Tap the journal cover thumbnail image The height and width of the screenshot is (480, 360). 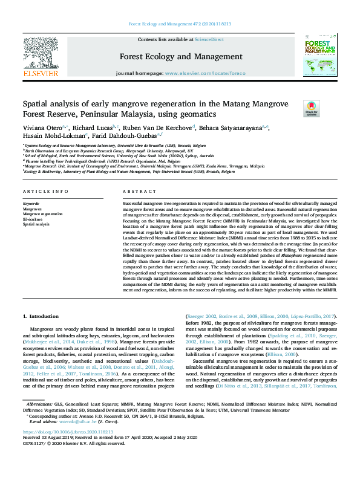pos(320,56)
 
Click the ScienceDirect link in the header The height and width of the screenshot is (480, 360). pos(209,39)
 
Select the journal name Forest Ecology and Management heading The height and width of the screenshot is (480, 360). pos(180,57)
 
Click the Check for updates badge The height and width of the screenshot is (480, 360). pos(311,108)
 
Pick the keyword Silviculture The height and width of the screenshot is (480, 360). pos(33,219)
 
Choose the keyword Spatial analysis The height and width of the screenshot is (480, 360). pos(36,224)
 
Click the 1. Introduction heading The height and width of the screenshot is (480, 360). pos(41,317)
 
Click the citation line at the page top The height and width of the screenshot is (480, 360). pos(180,24)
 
